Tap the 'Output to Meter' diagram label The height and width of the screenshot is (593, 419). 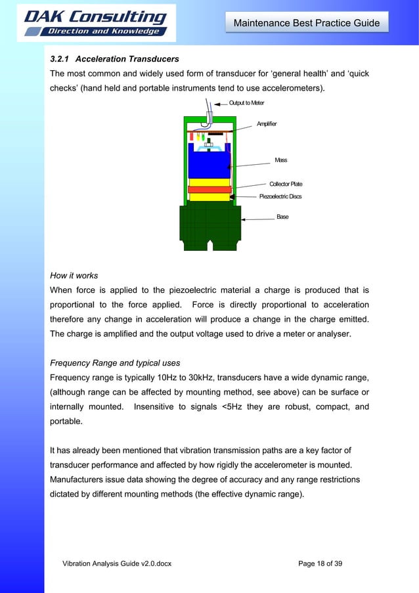(247, 103)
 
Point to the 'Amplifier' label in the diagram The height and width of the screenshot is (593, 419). (267, 123)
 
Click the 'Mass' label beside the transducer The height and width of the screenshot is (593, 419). (281, 160)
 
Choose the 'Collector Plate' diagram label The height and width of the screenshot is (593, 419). (286, 185)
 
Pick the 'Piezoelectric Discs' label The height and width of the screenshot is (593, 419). (280, 196)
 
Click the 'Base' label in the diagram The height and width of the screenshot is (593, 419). (282, 217)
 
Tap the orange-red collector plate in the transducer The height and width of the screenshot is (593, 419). (209, 190)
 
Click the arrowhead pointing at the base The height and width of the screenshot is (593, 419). (244, 219)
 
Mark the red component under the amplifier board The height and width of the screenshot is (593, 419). (192, 138)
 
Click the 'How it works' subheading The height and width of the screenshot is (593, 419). (74, 276)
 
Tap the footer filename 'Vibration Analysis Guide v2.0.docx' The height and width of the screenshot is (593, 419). (116, 564)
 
